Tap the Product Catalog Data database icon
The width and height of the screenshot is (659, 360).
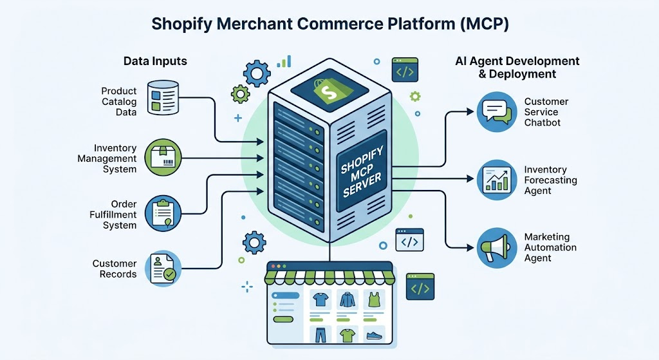point(163,98)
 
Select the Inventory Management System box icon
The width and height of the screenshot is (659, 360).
point(163,158)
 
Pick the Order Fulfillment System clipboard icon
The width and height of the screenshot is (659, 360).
point(163,213)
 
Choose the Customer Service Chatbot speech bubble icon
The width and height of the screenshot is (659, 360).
point(497,112)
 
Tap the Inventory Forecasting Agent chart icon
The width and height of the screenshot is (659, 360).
point(497,180)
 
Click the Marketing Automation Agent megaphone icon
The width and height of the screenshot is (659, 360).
point(497,248)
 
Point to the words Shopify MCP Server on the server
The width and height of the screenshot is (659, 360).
point(362,171)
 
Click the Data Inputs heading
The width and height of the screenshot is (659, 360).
point(155,61)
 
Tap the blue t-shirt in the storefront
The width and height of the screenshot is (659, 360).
point(320,299)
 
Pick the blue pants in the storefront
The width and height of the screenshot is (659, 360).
point(320,335)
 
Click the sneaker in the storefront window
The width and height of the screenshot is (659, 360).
point(374,335)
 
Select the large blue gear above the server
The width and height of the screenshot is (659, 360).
point(257,73)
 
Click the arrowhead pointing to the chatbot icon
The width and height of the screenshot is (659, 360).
point(470,112)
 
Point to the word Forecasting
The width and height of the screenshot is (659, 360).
point(551,180)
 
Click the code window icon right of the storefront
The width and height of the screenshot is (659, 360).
point(420,287)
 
